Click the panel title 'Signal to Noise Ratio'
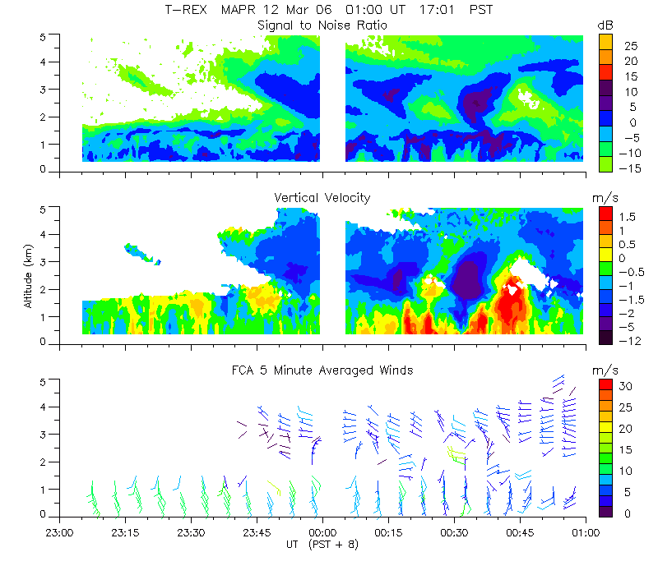pos(322,25)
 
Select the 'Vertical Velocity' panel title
pos(322,198)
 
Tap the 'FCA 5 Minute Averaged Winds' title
pos(322,370)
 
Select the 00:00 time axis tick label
pos(322,531)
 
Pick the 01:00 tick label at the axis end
pos(586,531)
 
